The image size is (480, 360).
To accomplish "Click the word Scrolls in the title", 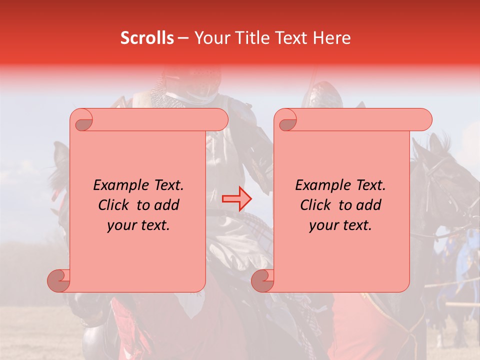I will tap(147, 38).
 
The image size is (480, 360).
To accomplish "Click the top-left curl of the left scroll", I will tap(83, 120).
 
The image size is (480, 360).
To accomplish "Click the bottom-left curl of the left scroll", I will tap(58, 280).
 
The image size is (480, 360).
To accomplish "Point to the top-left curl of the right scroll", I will tap(287, 120).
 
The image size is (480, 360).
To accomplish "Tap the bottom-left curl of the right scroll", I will tap(262, 280).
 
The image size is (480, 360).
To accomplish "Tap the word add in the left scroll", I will tap(167, 205).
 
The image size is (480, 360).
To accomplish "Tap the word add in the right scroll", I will tap(369, 205).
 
